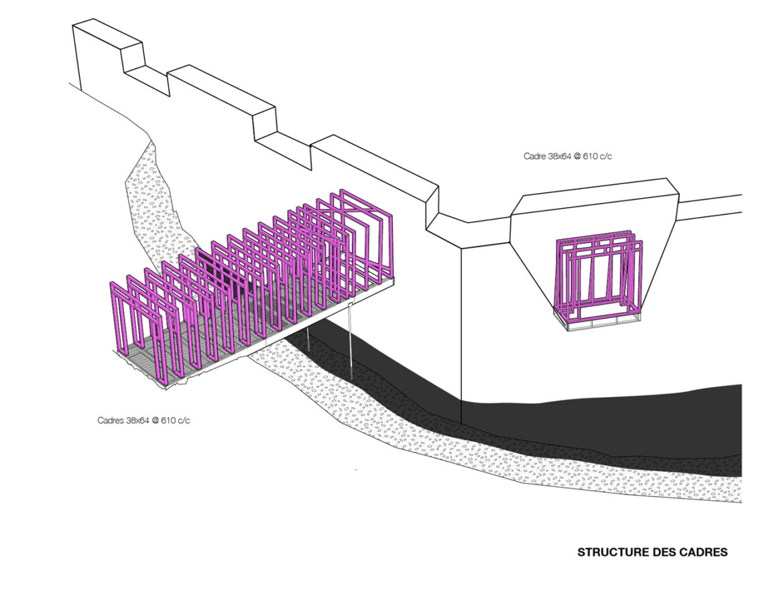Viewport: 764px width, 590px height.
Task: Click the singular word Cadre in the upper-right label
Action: [534, 156]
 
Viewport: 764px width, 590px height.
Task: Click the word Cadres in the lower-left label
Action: [110, 420]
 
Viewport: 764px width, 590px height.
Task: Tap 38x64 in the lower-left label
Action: [137, 420]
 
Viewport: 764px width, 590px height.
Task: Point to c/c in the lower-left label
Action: [183, 420]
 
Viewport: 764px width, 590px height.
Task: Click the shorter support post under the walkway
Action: [308, 336]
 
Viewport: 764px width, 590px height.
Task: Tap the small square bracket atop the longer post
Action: [351, 304]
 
